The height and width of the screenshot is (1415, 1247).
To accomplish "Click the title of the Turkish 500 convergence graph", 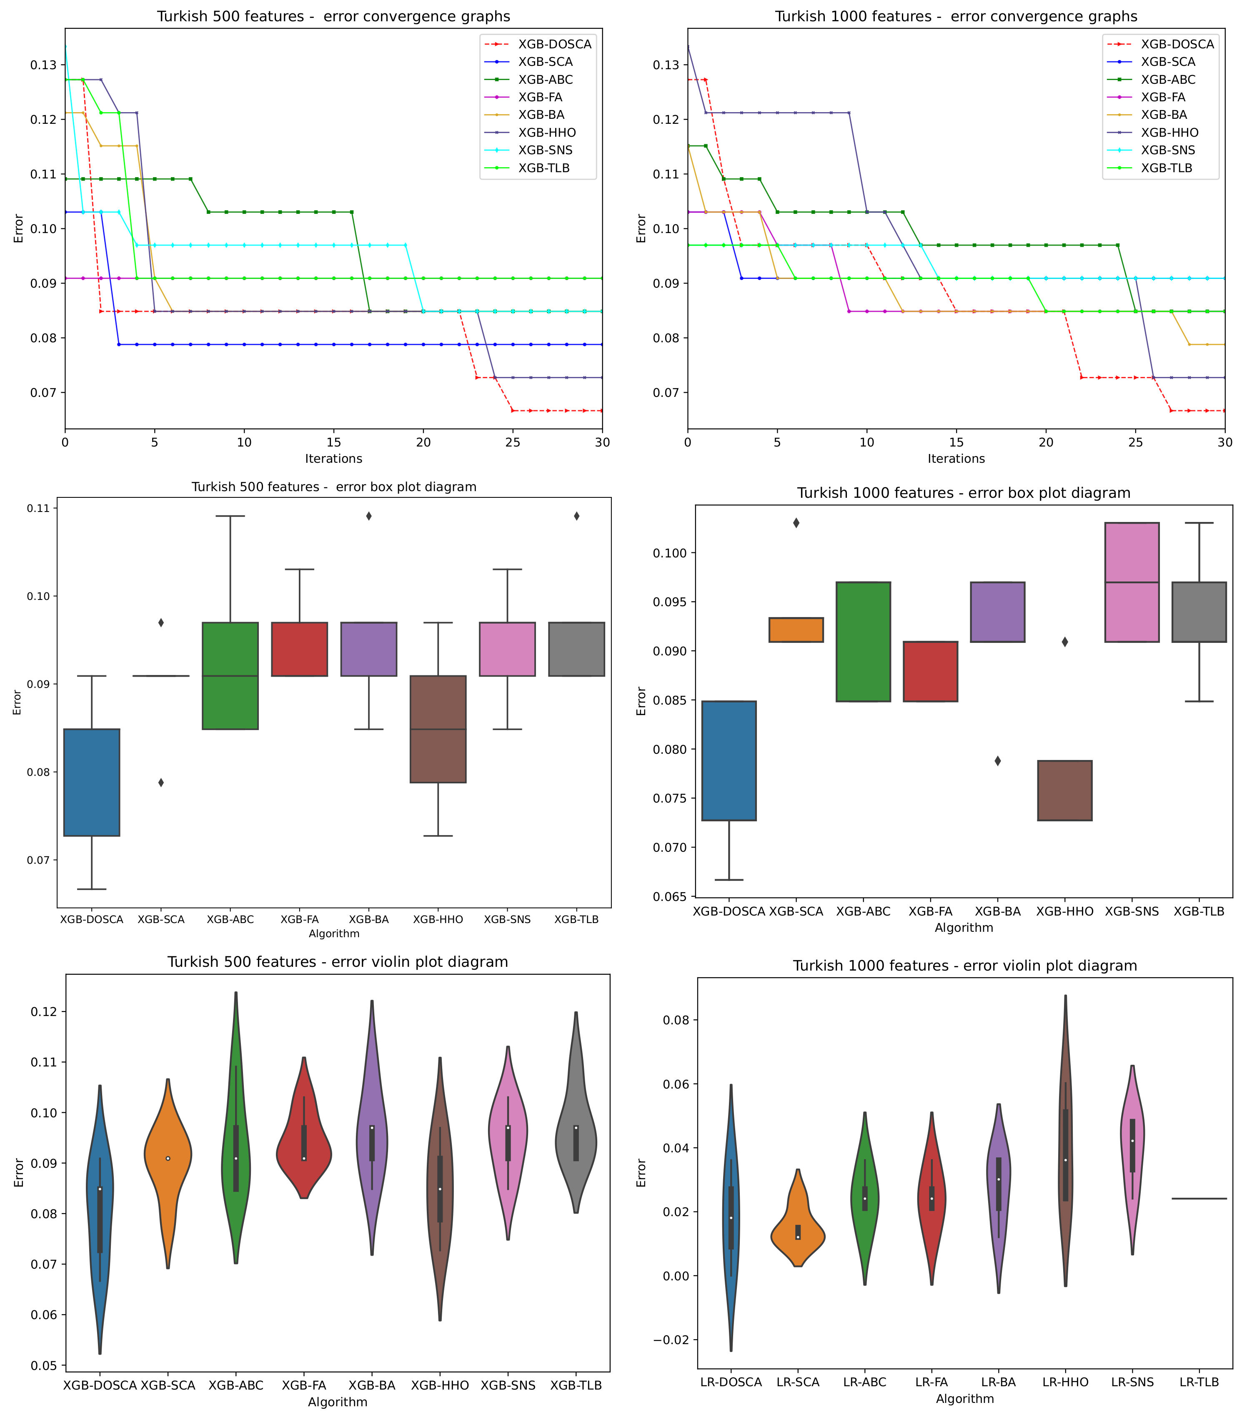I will [x=333, y=16].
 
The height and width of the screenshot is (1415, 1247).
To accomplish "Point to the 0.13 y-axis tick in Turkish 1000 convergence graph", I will [x=666, y=65].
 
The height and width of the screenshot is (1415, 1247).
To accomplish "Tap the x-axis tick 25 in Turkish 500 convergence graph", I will [x=513, y=442].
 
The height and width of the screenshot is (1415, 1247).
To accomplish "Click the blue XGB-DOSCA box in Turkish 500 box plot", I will [x=92, y=782].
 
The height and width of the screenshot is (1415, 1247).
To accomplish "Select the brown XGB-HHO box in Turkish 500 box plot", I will [x=438, y=729].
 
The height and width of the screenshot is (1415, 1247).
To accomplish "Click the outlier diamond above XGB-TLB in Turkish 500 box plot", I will [x=576, y=516].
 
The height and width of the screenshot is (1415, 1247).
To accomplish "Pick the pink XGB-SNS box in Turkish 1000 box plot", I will [x=1132, y=582].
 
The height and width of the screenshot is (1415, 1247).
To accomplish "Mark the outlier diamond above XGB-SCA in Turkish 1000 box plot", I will [x=796, y=523].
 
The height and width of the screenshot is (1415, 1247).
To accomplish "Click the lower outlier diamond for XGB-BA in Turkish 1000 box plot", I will [x=997, y=761].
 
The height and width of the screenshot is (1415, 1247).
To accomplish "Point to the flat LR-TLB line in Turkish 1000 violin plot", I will [x=1199, y=1198].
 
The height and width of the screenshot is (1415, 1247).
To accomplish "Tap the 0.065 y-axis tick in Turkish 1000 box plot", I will [x=669, y=896].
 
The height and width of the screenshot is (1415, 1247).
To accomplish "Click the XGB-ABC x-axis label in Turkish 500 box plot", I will [x=230, y=919].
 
